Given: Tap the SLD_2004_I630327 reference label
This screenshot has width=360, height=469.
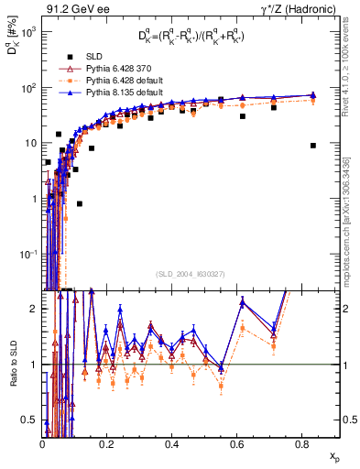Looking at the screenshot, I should click(x=191, y=274).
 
